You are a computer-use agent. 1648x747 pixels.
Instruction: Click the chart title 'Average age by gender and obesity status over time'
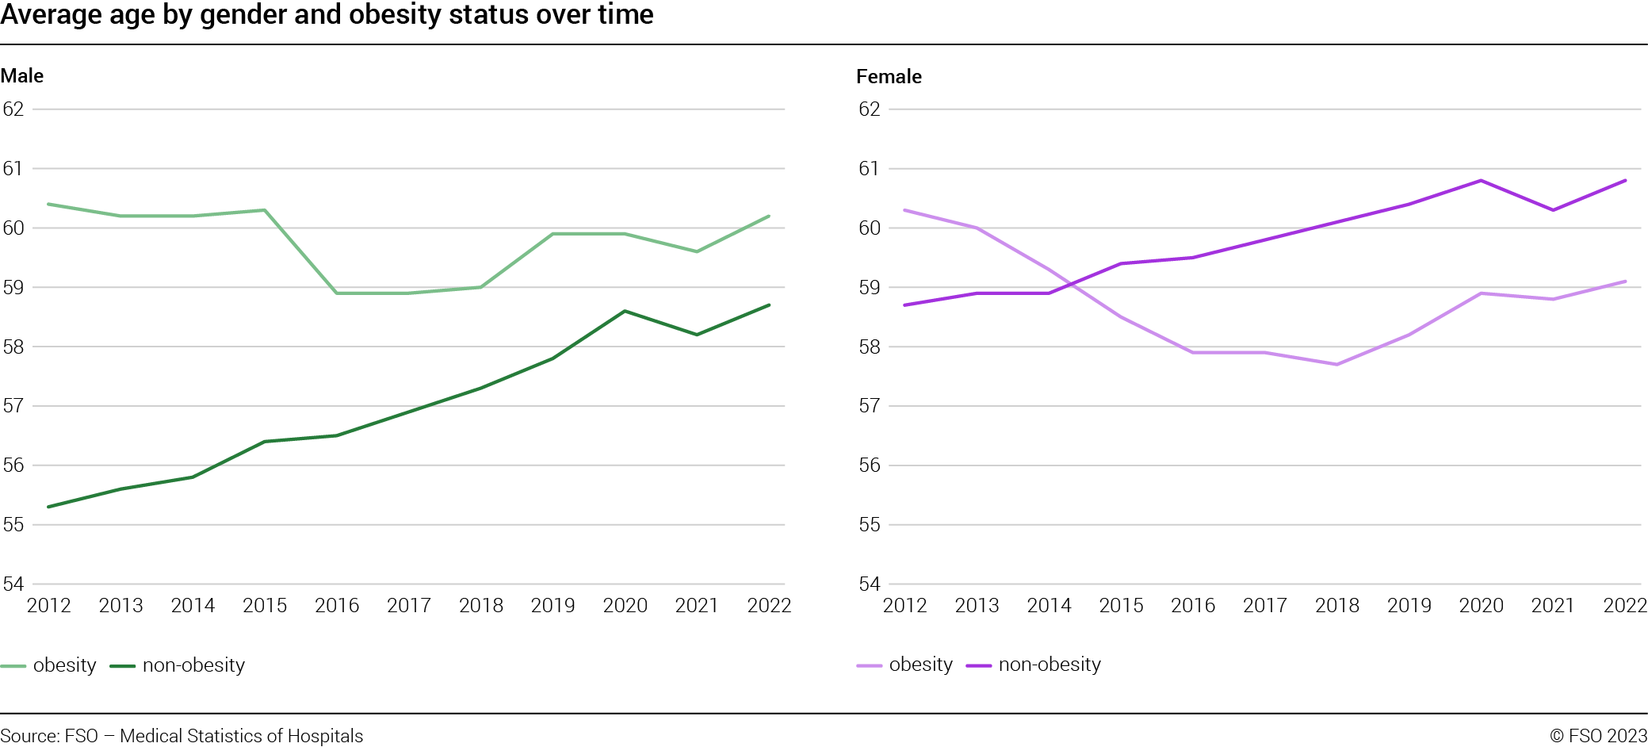tap(327, 15)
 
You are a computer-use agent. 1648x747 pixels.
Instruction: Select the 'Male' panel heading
tap(22, 76)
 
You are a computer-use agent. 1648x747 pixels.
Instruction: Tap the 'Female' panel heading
tap(889, 77)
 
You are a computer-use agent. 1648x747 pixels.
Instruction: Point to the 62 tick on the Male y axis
tap(13, 109)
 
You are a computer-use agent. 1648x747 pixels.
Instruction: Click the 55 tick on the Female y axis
tap(870, 525)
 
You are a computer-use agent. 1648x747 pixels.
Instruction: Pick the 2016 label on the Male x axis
tap(337, 606)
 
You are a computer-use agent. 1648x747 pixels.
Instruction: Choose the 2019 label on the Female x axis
tap(1409, 606)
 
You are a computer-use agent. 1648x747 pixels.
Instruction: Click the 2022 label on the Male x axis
tap(769, 606)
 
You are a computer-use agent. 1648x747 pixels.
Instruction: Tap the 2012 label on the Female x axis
tap(904, 606)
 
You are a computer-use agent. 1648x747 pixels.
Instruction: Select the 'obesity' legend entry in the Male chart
tap(64, 665)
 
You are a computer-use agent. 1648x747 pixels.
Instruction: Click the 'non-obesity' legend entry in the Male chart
tap(193, 665)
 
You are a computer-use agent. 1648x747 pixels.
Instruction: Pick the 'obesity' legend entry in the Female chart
tap(920, 665)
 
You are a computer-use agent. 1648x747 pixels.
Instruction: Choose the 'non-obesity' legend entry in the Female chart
tap(1050, 665)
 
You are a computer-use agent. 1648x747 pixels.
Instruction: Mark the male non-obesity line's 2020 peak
tap(625, 311)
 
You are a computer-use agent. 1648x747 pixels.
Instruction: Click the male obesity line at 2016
tap(337, 293)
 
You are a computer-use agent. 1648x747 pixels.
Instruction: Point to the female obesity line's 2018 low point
tap(1336, 365)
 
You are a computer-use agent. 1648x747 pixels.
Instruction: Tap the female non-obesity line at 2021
tap(1553, 210)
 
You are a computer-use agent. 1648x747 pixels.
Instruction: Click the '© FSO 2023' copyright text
tap(1598, 736)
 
